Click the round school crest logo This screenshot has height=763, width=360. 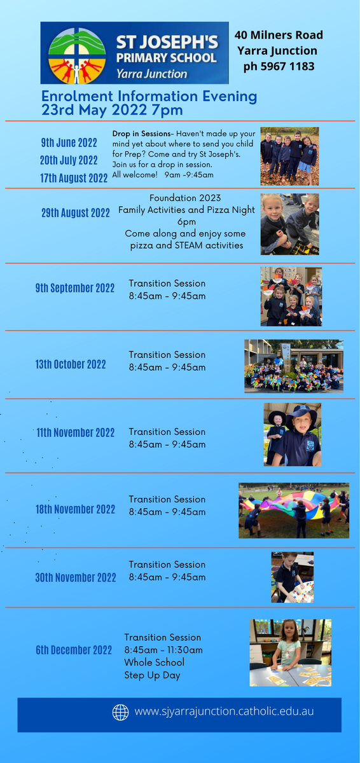tap(77, 56)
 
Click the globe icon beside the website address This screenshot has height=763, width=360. tap(121, 712)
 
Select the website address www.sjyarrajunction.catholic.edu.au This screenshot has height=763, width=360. tap(224, 711)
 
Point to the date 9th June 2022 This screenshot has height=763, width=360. tap(69, 142)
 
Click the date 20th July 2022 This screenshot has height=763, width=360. tap(69, 160)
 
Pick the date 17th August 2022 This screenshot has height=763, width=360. tap(74, 178)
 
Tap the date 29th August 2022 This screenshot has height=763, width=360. tap(76, 213)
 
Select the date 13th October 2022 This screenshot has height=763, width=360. tap(71, 364)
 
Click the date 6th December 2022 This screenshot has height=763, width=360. tap(74, 650)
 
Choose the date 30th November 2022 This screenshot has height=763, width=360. tap(76, 577)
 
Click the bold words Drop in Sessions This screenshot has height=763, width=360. tap(141, 134)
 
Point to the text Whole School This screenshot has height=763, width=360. tap(155, 662)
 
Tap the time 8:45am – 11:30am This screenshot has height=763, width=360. tap(163, 650)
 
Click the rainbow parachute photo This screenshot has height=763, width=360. tap(294, 511)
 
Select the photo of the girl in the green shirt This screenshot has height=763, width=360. tap(291, 652)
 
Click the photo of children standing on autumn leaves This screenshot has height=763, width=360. tap(290, 156)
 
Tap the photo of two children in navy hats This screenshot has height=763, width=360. tap(292, 435)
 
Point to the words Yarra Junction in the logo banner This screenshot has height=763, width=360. tap(151, 74)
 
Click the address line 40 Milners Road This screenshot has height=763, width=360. tap(279, 35)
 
